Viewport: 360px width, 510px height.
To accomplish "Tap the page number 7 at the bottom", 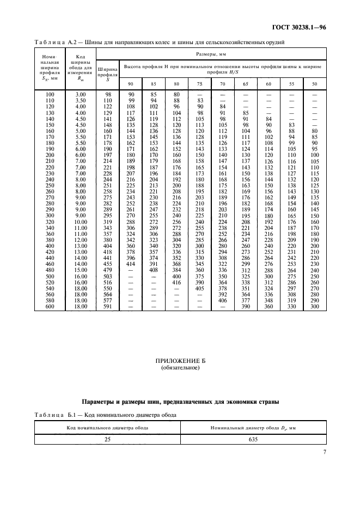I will click(x=324, y=451).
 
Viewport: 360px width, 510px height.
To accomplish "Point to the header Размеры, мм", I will click(x=211, y=54).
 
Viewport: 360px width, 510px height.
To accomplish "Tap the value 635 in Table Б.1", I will click(x=253, y=438).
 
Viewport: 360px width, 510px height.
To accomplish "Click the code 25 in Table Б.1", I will click(x=108, y=438).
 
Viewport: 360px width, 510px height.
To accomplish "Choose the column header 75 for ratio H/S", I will click(x=199, y=83).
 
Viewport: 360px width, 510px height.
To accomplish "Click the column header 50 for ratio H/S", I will click(x=314, y=83).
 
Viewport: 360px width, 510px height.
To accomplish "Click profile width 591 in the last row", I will click(x=107, y=307).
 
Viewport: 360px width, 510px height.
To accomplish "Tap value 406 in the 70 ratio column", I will click(x=222, y=301).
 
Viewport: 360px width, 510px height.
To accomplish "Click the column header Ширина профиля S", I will click(x=107, y=74).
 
